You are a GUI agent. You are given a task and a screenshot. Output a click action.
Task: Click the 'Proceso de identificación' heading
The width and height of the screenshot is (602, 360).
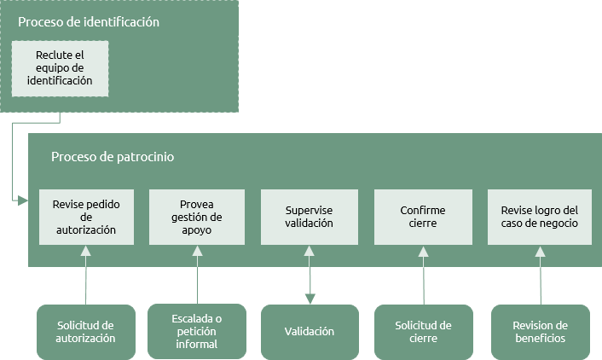click(x=89, y=22)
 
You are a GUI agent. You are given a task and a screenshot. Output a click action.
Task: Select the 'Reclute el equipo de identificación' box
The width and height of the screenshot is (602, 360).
click(x=60, y=69)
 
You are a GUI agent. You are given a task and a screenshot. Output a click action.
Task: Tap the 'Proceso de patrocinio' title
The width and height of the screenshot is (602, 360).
click(x=113, y=157)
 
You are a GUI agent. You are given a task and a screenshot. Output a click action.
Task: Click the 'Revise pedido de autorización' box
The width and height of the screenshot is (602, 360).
click(x=86, y=217)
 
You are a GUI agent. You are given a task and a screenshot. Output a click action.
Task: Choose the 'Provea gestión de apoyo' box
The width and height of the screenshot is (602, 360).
click(x=197, y=217)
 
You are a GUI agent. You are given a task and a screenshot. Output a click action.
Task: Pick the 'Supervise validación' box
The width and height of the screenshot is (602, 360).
click(x=310, y=217)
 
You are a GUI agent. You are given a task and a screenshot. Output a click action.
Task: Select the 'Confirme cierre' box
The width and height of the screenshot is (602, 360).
click(x=423, y=217)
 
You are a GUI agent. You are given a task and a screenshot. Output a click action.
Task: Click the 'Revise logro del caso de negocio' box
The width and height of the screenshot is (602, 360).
click(x=540, y=217)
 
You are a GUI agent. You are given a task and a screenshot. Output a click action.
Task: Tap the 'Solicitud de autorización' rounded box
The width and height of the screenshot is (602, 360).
click(x=86, y=333)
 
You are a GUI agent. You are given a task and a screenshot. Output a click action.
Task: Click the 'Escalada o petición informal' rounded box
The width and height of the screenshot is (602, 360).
click(x=197, y=331)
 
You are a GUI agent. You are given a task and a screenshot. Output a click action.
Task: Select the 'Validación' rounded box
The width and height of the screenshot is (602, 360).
click(x=310, y=333)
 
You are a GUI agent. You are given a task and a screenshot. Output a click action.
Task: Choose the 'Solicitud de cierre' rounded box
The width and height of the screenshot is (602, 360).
click(x=424, y=333)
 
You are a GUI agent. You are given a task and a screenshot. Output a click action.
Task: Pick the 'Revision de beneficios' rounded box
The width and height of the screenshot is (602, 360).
click(x=541, y=333)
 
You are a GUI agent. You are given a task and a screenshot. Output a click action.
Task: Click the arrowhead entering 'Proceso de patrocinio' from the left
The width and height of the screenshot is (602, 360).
click(x=23, y=200)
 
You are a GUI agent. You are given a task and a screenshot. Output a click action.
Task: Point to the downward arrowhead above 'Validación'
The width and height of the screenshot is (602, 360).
click(x=310, y=299)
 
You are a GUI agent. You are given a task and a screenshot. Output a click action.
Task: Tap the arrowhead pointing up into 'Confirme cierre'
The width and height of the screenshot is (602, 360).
click(x=423, y=252)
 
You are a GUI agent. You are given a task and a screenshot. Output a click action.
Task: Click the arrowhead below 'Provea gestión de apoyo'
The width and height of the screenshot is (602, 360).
click(x=197, y=252)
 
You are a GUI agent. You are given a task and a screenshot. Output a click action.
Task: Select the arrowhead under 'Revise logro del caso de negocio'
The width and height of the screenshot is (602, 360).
click(x=541, y=252)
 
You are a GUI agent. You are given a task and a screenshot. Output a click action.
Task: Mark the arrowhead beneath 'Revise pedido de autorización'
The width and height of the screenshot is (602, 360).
click(x=86, y=252)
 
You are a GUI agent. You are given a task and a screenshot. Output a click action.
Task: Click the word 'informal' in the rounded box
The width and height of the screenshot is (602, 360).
click(x=197, y=344)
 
